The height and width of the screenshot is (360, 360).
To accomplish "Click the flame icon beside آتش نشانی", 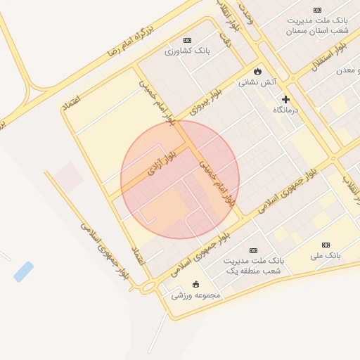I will [258, 72].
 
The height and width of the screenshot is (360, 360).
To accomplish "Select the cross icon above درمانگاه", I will [285, 99].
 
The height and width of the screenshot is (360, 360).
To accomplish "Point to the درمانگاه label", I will [285, 110].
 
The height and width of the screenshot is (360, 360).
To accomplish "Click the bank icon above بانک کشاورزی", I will [187, 40].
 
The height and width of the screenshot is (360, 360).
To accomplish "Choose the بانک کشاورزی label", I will [187, 51].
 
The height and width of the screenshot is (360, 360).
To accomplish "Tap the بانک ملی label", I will [326, 255].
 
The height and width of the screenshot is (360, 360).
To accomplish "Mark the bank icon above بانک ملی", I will [326, 245].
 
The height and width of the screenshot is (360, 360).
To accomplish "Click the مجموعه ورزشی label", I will [195, 295].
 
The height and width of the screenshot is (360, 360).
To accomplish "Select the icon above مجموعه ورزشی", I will [195, 285].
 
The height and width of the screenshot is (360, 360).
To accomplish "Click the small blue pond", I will [23, 271].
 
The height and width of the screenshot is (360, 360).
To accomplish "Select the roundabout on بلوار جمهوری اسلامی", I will [148, 287].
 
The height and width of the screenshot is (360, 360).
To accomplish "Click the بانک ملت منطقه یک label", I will [252, 266].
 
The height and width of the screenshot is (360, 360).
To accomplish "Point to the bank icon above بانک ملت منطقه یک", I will [253, 250].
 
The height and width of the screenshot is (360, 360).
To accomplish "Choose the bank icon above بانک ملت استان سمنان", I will [318, 10].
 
